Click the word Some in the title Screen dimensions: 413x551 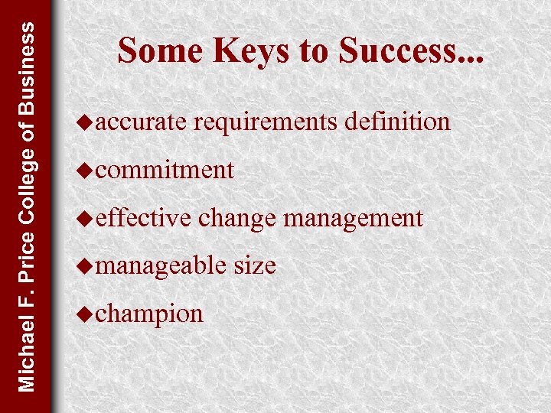click(x=160, y=51)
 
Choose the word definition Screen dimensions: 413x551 click(x=397, y=122)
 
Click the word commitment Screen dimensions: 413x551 click(x=165, y=170)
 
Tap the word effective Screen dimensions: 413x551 click(x=143, y=218)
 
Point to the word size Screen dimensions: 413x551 click(x=254, y=265)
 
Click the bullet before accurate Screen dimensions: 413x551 click(x=86, y=122)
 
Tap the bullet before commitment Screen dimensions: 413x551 click(x=86, y=170)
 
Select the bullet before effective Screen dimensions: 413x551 click(x=86, y=218)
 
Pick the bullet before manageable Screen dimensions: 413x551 click(x=86, y=265)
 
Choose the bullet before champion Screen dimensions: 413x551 click(x=86, y=314)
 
